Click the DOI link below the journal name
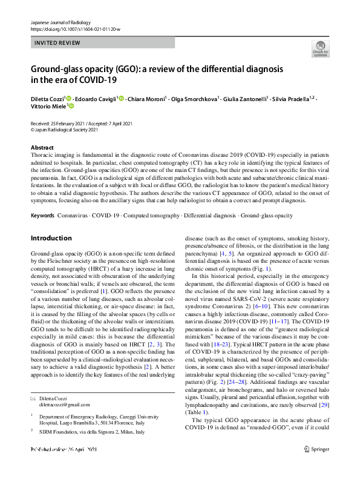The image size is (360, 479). pos(71,29)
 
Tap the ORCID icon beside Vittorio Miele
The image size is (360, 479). pos(71,106)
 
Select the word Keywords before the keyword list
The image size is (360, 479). pos(43,216)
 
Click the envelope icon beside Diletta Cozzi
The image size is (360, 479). pos(34,398)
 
